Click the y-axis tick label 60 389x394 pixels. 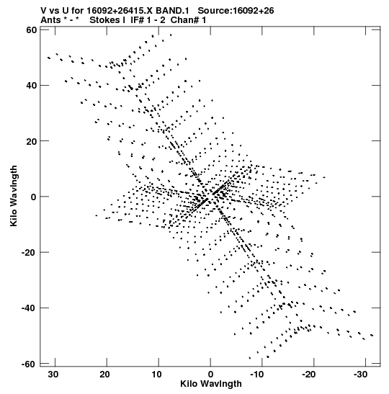31,30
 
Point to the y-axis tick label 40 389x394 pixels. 31,86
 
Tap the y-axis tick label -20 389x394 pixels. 29,252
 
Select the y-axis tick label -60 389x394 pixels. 29,364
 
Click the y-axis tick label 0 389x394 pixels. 34,197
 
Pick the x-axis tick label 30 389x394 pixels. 53,375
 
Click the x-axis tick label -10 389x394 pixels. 257,375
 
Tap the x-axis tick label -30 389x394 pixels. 361,375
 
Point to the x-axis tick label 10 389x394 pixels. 156,375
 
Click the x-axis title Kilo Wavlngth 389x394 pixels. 211,384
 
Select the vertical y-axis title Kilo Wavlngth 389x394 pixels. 14,196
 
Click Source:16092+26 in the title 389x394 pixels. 236,11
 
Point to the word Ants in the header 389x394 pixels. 50,20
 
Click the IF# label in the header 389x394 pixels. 138,20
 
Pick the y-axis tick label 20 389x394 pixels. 31,141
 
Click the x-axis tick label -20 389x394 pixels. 308,375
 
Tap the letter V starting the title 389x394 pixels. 44,11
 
